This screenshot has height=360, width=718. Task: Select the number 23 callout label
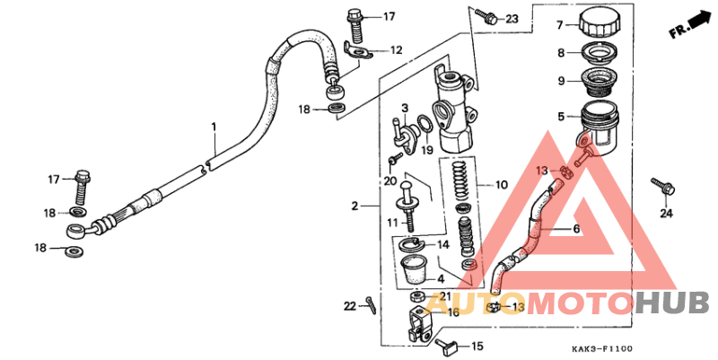tap(512, 19)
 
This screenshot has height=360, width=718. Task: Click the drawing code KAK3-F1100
tap(601, 349)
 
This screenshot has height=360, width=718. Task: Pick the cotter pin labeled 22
tap(371, 305)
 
